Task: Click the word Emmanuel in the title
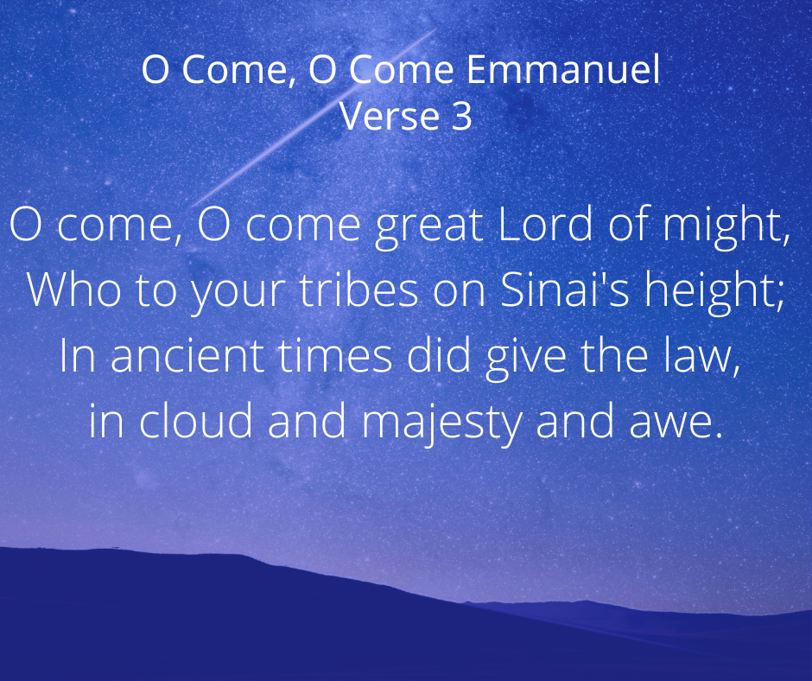tap(563, 69)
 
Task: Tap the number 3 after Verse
tap(461, 116)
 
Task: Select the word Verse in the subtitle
tap(390, 116)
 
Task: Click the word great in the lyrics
tap(429, 227)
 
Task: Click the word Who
tap(73, 290)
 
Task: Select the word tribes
tap(358, 290)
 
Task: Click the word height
tap(709, 293)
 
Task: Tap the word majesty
tap(441, 424)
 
